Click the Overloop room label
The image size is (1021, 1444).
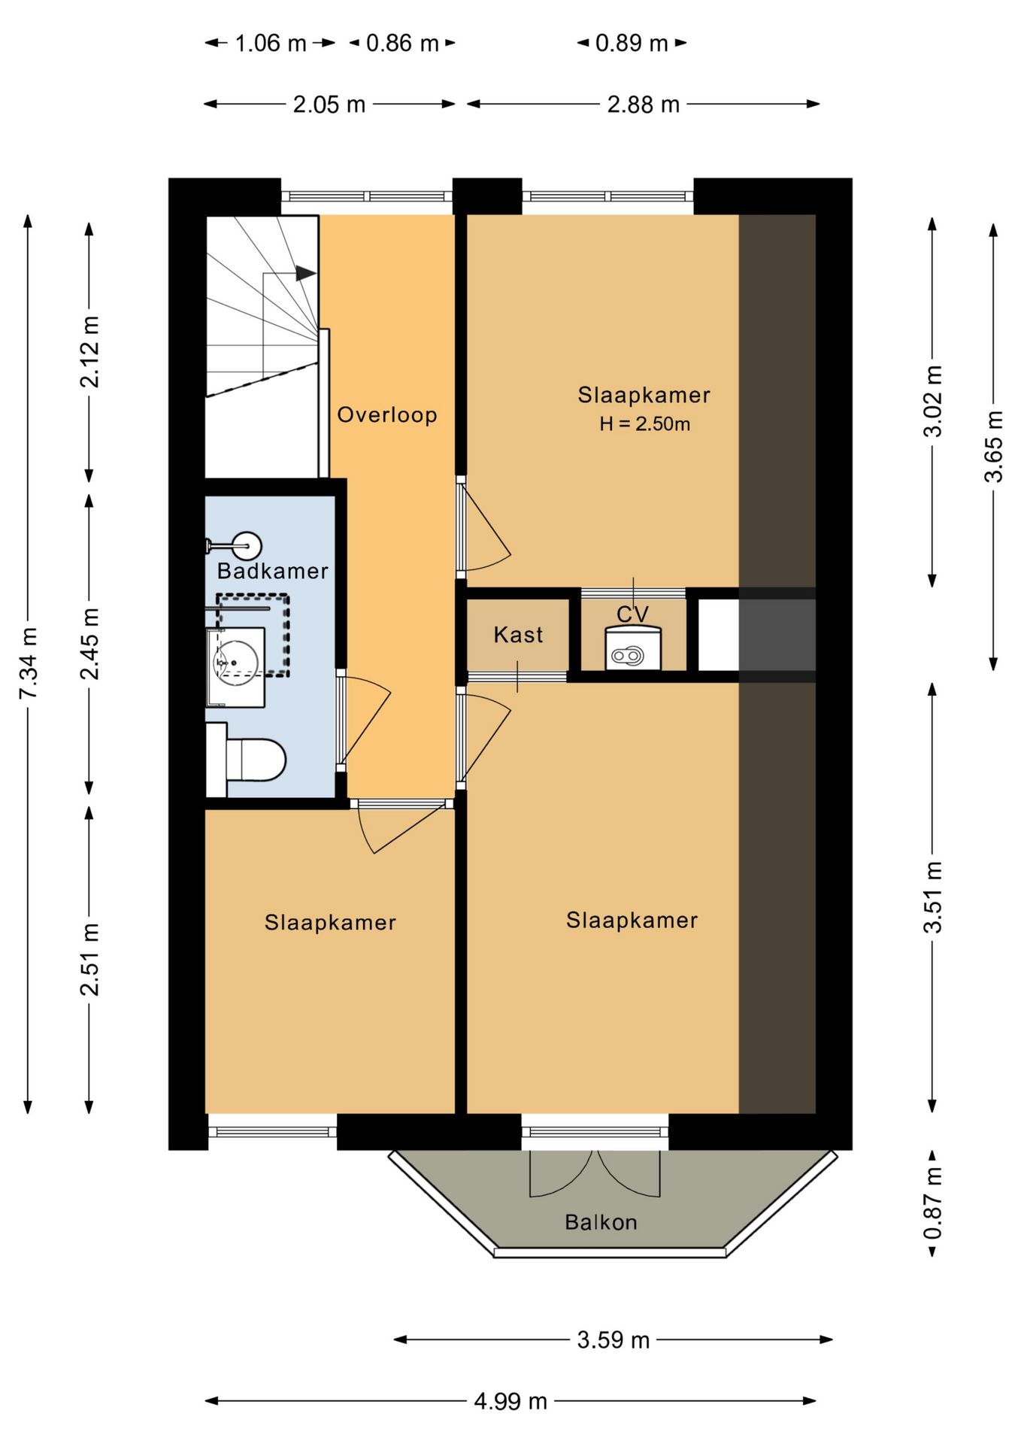(387, 414)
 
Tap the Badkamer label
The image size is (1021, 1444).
(273, 571)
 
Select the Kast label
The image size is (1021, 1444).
(518, 635)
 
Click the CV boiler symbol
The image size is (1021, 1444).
(632, 648)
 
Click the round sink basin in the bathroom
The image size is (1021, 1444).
(236, 663)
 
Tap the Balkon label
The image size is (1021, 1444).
(601, 1222)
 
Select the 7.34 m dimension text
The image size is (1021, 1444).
(29, 663)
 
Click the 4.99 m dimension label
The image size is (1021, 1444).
(510, 1401)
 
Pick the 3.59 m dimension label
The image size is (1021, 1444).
(614, 1339)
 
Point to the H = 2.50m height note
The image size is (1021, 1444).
(645, 424)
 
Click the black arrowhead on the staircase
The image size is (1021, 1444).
(305, 273)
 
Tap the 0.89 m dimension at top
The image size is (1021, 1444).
(632, 43)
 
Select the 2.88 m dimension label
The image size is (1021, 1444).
(644, 104)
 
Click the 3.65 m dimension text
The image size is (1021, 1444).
(994, 446)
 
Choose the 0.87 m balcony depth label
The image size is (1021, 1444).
(932, 1203)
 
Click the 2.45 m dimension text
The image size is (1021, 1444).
(90, 643)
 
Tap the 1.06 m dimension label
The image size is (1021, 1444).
(271, 43)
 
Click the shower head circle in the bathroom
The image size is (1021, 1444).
(246, 545)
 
